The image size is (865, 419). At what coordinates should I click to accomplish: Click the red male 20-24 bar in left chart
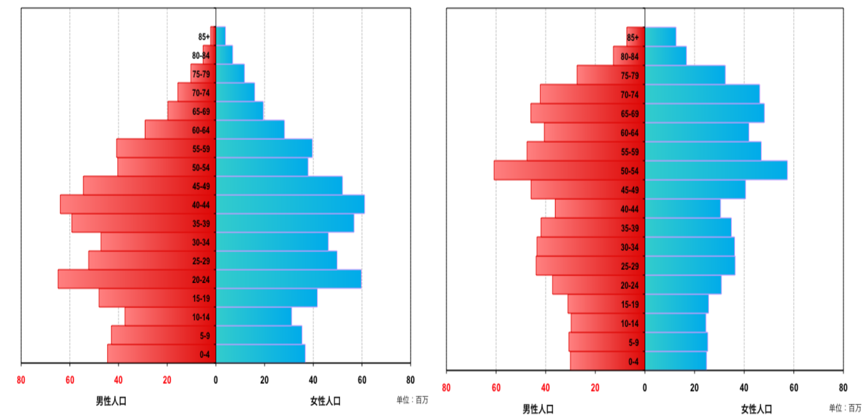[x=137, y=279]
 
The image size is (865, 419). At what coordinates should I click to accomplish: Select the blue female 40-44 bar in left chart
[x=290, y=204]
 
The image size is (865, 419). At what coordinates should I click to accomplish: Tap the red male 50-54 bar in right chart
[x=569, y=170]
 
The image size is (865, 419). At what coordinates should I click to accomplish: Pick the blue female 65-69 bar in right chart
[x=704, y=113]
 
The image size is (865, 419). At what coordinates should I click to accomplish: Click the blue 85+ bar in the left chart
[x=221, y=36]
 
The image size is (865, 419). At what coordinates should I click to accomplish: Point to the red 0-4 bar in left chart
[x=161, y=354]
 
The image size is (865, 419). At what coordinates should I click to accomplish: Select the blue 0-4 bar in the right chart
[x=675, y=361]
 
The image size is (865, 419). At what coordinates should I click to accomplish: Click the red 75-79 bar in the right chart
[x=611, y=75]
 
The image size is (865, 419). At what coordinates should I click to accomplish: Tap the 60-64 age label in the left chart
[x=201, y=130]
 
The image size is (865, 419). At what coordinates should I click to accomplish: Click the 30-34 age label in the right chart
[x=629, y=247]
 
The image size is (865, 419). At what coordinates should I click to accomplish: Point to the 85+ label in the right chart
[x=632, y=37]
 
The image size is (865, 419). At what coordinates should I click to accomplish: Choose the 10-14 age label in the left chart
[x=201, y=317]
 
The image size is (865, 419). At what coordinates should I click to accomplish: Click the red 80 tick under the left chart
[x=21, y=380]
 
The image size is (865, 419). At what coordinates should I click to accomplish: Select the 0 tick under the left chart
[x=215, y=380]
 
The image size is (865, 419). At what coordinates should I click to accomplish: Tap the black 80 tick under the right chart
[x=843, y=388]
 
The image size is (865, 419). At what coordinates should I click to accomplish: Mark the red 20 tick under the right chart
[x=595, y=388]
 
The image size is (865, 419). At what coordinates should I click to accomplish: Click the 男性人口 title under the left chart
[x=111, y=401]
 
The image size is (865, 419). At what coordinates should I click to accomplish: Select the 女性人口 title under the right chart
[x=757, y=409]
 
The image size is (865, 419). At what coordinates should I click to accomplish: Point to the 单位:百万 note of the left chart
[x=412, y=400]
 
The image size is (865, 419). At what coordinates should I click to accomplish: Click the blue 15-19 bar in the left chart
[x=267, y=298]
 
